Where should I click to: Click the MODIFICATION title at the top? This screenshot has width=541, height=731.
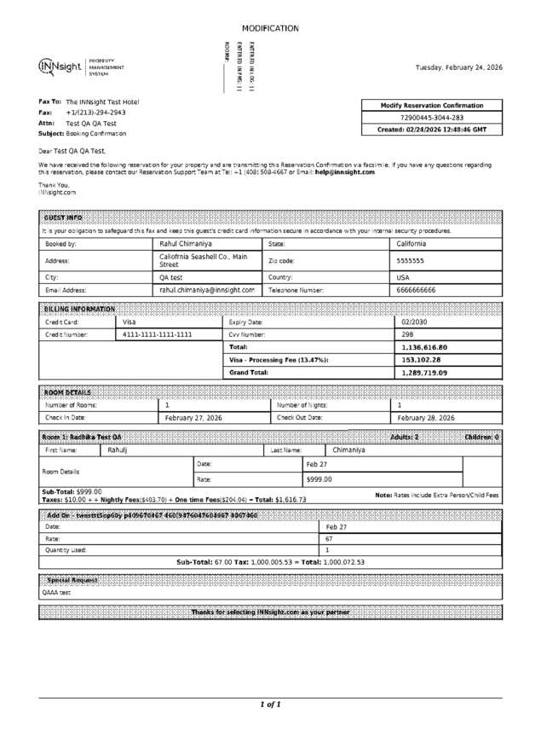coord(270,28)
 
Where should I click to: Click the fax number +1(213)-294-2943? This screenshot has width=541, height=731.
coord(95,113)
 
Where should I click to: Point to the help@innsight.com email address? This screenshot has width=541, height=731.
coord(344,172)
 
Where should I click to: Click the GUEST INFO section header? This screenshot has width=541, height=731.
coord(63,218)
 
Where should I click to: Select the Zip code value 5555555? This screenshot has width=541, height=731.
coord(411,261)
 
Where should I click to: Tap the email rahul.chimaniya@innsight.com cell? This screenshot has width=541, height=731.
coord(207,290)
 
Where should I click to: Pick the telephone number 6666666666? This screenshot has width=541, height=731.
coord(417,290)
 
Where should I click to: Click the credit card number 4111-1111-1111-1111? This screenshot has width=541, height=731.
coord(158,334)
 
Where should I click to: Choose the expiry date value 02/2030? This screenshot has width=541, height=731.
coord(414,322)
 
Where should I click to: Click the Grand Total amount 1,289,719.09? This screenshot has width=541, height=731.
coord(424,373)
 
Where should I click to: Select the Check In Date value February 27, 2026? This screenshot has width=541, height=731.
coord(193,418)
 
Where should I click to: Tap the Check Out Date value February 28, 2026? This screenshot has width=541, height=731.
coord(426,418)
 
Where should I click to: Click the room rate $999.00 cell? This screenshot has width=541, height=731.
coord(319,479)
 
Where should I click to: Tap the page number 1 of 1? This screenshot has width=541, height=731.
coord(270,705)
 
